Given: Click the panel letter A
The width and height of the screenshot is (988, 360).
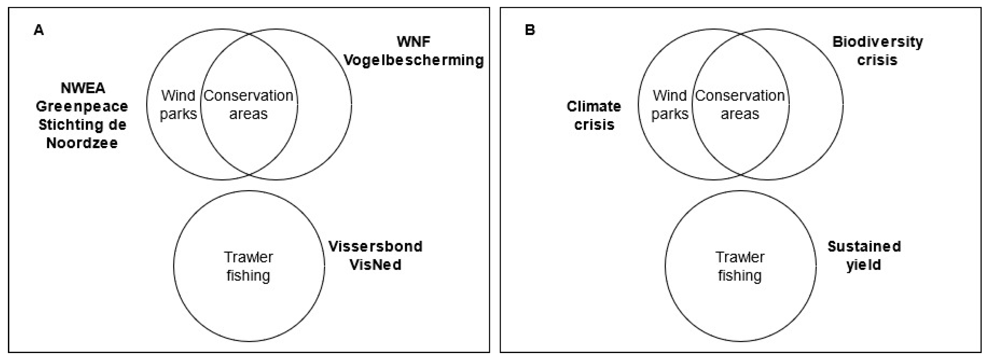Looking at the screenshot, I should pos(39,30).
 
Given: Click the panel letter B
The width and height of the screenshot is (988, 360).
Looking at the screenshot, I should pos(530,30).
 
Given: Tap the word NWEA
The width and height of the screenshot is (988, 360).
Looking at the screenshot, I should pos(83,88).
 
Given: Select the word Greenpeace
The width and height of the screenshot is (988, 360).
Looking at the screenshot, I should pos(82,107).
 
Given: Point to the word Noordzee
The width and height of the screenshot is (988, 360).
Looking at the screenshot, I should pos(82,143).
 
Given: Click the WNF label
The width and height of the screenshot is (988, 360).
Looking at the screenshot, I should pos(413,42).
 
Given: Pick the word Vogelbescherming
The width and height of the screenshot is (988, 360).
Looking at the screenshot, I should pos(413,60).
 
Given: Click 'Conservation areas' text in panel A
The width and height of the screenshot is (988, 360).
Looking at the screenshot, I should pos(248,105).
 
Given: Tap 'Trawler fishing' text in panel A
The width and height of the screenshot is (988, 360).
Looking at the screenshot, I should pos(248,266).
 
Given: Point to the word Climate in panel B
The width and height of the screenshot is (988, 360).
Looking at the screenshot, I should pos(593,107).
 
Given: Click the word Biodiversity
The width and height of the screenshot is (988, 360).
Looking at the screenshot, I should pos(877,42).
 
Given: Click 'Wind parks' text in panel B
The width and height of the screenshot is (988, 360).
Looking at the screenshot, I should pos(670,105).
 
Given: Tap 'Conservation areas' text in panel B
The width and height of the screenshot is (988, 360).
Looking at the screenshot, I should pos(740,105).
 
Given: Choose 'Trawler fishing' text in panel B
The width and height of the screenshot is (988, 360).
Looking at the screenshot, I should pos(740,266).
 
